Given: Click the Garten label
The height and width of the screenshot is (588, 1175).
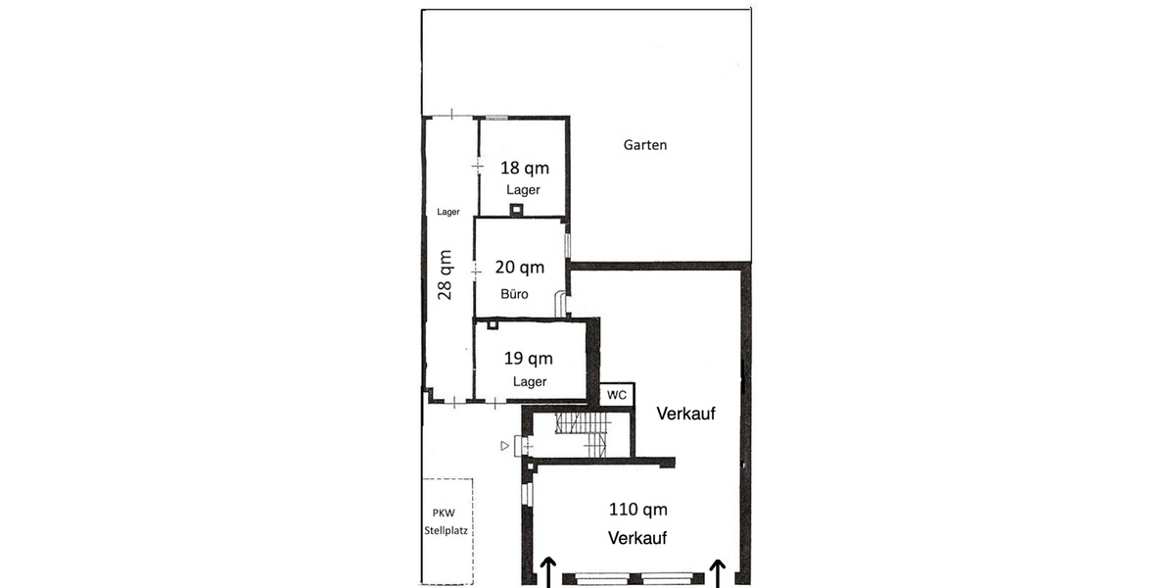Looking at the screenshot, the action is pos(644,145).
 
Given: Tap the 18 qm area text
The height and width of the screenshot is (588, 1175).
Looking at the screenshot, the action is pos(525,168).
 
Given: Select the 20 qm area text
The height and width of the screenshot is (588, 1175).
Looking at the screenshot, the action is pos(520,268).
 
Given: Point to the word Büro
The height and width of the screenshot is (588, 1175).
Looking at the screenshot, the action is pos(514,293).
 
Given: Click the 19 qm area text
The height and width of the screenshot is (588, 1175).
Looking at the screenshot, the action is pos(528,358).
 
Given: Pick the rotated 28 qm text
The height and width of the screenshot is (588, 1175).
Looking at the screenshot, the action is pos(445,274).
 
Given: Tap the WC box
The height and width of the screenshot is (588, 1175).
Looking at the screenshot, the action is pos(617,395).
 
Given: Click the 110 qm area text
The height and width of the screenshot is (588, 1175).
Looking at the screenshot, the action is pos(637,510).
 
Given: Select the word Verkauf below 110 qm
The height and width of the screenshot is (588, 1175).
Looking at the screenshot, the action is pos(637,538).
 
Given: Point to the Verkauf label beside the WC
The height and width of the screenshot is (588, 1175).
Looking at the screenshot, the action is pos(685,414).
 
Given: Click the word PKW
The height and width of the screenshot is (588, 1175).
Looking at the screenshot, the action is pos(444,513).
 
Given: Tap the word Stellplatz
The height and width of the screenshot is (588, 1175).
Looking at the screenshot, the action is pos(446,530).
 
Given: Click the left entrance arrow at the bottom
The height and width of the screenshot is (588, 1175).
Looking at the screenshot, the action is pos(548,572).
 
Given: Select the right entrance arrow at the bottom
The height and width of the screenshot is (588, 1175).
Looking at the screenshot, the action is pos(718,572).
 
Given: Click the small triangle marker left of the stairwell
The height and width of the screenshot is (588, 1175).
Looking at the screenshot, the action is pos(504,446).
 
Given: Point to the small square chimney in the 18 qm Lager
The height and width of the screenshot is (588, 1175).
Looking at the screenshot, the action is pos(517,210).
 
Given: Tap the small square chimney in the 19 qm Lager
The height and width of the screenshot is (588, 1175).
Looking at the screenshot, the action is pos(492,325).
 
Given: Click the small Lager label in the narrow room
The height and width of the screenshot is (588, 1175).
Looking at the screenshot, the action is pos(448,212).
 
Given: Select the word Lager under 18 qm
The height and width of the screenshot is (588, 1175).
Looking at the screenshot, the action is pos(523,189).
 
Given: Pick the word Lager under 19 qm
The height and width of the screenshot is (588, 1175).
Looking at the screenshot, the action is pos(530,381).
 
